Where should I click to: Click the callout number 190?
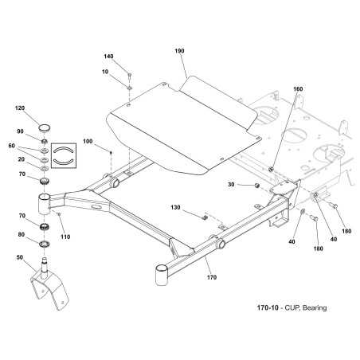179,51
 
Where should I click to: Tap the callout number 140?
108,57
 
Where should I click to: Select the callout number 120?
20,108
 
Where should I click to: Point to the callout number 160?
298,89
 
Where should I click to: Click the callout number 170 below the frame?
212,277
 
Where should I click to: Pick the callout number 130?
175,207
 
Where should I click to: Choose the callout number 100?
88,141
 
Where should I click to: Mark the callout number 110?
65,237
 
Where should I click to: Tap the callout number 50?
20,257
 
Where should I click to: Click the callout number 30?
231,184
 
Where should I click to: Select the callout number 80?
22,234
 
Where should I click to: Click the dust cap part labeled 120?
45,127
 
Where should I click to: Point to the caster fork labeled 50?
49,284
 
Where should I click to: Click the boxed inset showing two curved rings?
64,155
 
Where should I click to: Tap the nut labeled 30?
256,186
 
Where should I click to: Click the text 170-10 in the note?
268,307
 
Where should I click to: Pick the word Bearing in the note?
315,308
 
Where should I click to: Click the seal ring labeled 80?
45,244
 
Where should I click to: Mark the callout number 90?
20,131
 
